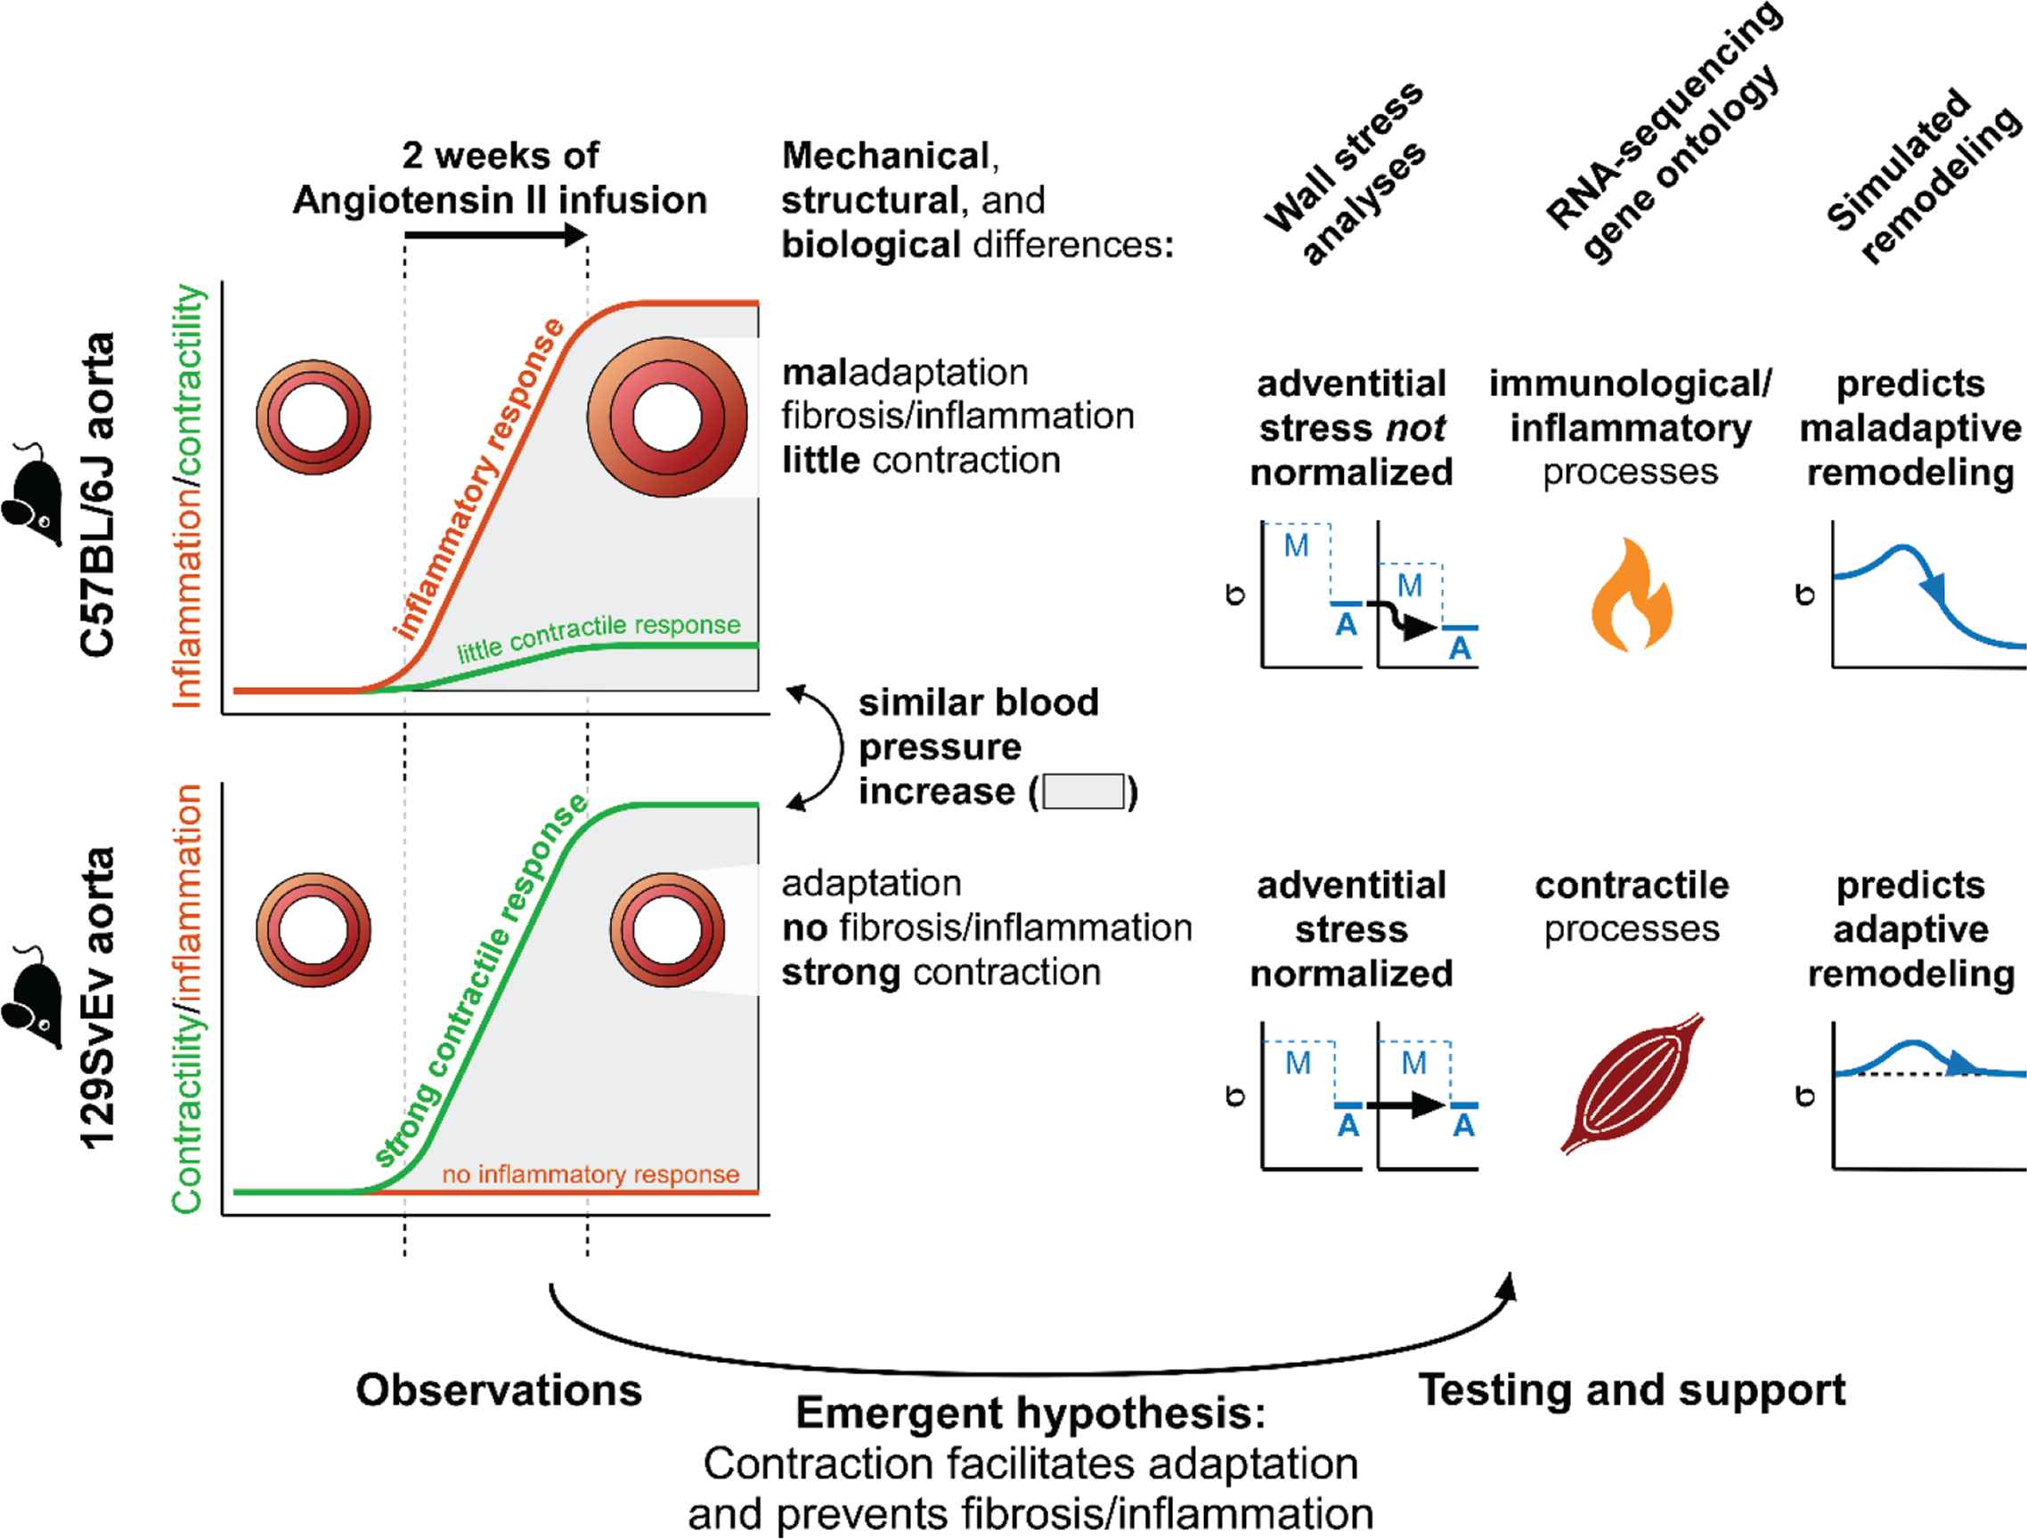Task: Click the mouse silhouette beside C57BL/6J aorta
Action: (x=35, y=495)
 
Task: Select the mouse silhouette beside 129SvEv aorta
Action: (x=35, y=999)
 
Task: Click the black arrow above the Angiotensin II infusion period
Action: (x=496, y=235)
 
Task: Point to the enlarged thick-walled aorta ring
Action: (x=667, y=417)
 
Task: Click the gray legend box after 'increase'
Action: (x=1084, y=791)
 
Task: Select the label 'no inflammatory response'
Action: (x=590, y=1174)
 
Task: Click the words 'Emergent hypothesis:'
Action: (x=1031, y=1413)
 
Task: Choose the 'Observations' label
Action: (x=499, y=1389)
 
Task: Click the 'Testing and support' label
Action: (x=1632, y=1389)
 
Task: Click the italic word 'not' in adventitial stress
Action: (x=1416, y=428)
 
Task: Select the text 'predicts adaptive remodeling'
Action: (x=1910, y=929)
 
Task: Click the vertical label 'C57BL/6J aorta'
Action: (x=97, y=495)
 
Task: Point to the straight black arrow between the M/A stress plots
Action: (x=1404, y=1105)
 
